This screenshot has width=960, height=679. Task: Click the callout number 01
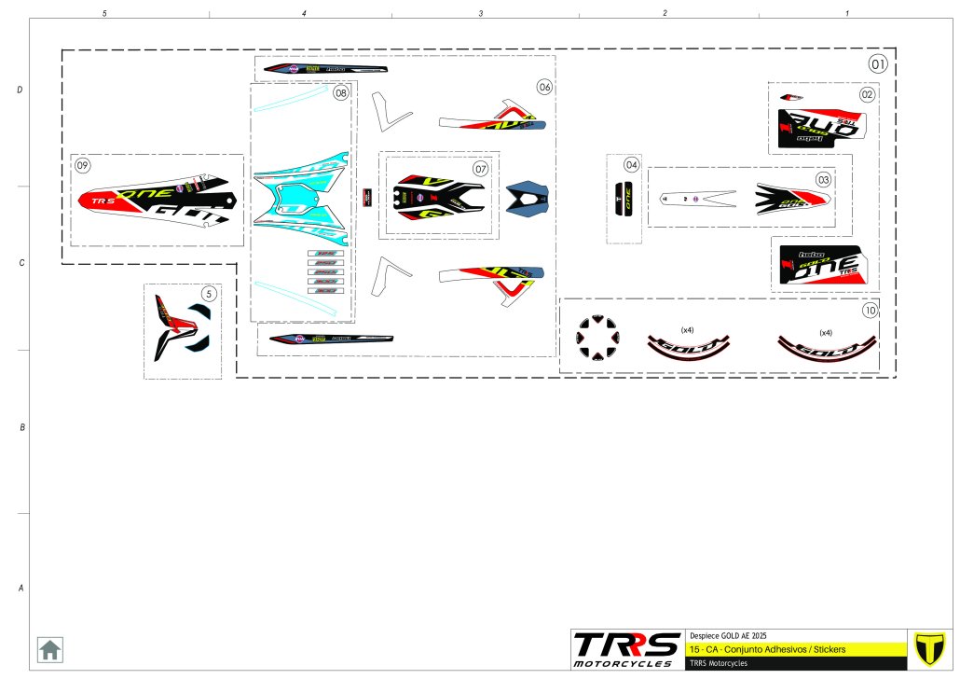pos(878,64)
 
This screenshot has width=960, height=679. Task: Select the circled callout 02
pos(867,94)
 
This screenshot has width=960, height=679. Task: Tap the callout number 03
pos(823,179)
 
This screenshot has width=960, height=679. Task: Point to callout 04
pos(632,165)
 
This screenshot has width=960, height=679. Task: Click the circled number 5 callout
pos(209,293)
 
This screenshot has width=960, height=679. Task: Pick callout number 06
pos(544,87)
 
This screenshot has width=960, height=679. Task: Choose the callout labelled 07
pos(480,169)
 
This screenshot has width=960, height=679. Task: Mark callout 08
pos(341,93)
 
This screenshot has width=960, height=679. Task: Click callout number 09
pos(83,165)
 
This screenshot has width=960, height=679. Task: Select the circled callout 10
pos(870,310)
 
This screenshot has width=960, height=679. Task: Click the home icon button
pos(49,649)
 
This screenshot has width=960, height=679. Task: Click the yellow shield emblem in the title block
pos(929,648)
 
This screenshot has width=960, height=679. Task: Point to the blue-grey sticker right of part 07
pos(528,198)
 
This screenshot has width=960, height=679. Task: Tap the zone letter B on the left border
pos(21,427)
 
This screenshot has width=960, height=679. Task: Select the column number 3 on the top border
pos(481,13)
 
